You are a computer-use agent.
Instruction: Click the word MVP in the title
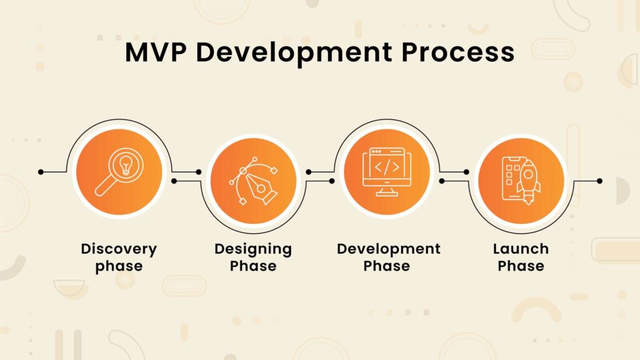point(156,52)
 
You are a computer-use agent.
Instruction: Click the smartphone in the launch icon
point(512,178)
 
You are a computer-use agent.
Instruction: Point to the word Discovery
point(119,249)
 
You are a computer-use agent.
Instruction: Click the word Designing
point(253,249)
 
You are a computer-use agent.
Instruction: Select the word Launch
point(521,249)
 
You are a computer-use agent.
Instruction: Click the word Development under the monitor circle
point(388,249)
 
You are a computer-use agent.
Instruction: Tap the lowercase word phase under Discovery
point(119,266)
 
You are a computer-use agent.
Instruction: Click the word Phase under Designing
point(253,266)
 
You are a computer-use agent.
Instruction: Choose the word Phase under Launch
point(521,266)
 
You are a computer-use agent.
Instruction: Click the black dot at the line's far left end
point(41,171)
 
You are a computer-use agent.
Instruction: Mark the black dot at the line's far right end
point(599,181)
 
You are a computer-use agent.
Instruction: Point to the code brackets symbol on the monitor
point(386,167)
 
